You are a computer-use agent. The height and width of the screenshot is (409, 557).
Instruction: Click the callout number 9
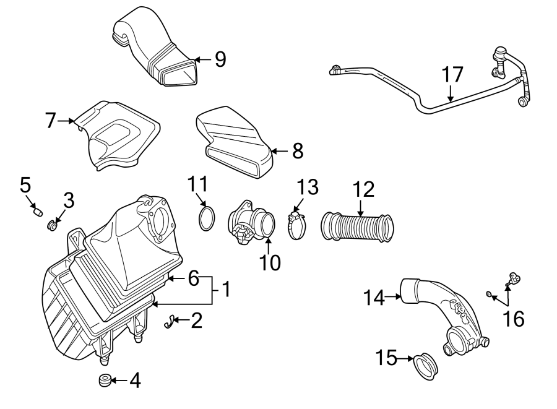[x=220, y=59]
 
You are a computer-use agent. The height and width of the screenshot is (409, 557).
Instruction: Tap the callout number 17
[x=452, y=74]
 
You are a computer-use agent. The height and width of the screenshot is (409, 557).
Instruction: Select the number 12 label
[x=365, y=190]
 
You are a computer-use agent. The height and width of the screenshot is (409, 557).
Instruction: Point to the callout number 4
[x=134, y=381]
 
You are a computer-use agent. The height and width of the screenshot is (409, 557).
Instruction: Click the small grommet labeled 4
[x=105, y=380]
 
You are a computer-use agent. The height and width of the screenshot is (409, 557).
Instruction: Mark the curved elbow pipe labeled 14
[x=439, y=309]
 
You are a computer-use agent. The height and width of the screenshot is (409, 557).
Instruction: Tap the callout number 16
[x=514, y=319]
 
